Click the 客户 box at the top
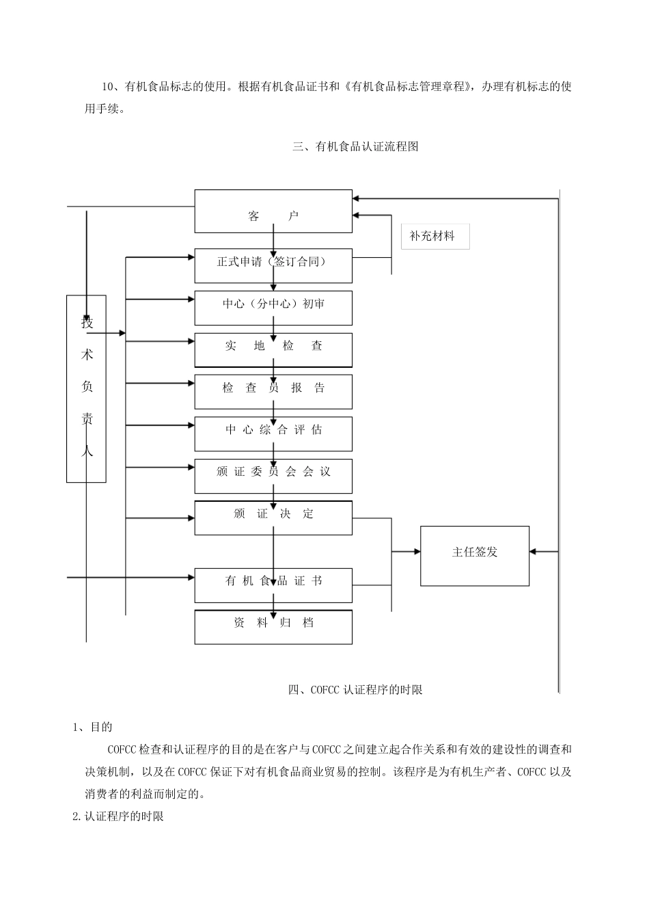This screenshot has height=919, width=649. click(273, 211)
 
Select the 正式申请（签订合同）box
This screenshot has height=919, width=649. click(273, 266)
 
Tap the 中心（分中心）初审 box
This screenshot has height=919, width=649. click(273, 308)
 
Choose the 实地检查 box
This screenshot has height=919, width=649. click(273, 350)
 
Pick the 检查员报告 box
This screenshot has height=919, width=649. click(273, 392)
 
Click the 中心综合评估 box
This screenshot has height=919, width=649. click(273, 434)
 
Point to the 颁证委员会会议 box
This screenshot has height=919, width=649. click(273, 476)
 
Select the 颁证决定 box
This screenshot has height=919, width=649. click(273, 518)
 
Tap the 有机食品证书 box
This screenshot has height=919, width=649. click(273, 585)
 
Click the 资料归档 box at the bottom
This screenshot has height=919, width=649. click(273, 627)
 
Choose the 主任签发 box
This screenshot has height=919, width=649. click(475, 555)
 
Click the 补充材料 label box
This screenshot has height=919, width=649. click(435, 237)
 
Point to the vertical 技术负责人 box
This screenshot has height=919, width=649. click(86, 388)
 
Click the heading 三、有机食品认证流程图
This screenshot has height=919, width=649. click(355, 147)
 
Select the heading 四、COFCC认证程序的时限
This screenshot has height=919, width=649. click(355, 690)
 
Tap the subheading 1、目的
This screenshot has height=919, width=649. click(93, 727)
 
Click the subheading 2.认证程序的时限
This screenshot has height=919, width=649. click(118, 816)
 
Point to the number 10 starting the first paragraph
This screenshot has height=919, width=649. click(108, 87)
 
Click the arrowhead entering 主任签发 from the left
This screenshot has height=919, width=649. click(416, 551)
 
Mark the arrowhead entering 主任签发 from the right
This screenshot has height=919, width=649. click(534, 551)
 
